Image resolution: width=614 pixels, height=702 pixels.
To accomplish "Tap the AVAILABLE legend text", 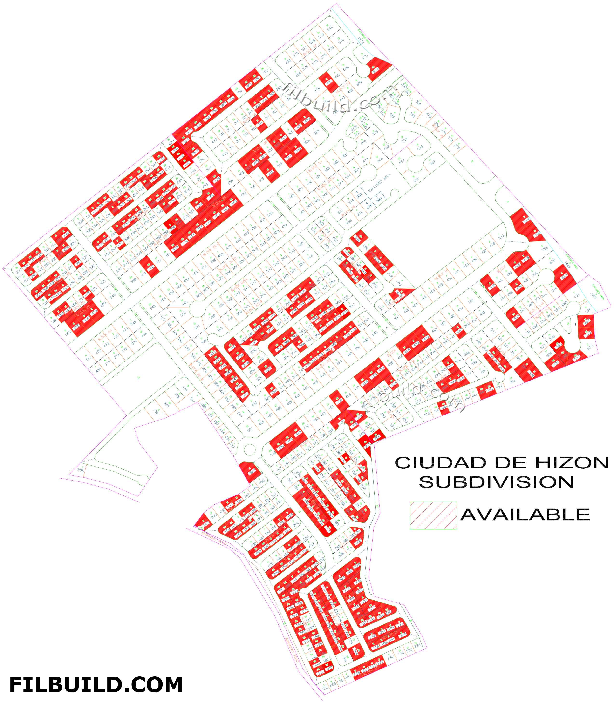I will (525, 515).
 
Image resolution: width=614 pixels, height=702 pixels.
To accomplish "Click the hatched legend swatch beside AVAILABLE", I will (433, 516).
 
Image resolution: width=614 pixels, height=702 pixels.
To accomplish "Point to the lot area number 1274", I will (360, 40).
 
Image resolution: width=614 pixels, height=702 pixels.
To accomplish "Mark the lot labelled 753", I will (544, 249).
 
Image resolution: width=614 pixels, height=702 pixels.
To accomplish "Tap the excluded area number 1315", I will (594, 295).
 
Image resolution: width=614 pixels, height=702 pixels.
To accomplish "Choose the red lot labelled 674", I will (376, 69).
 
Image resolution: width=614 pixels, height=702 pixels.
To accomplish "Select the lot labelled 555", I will (156, 411).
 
